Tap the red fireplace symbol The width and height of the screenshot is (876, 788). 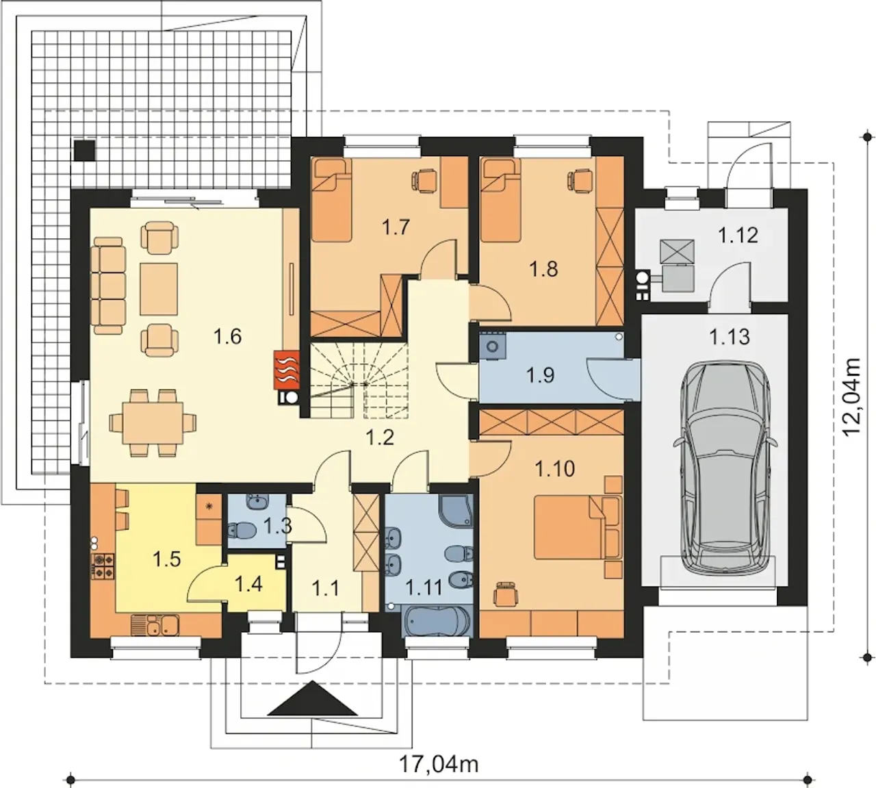[287, 369]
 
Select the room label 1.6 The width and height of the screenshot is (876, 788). [227, 337]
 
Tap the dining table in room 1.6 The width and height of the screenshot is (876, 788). [153, 423]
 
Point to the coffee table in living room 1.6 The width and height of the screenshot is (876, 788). [159, 289]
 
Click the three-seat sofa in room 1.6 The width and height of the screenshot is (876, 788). [108, 286]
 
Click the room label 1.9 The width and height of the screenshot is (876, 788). [540, 375]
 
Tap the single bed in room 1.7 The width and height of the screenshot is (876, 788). [332, 200]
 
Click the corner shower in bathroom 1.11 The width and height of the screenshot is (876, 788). [456, 511]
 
